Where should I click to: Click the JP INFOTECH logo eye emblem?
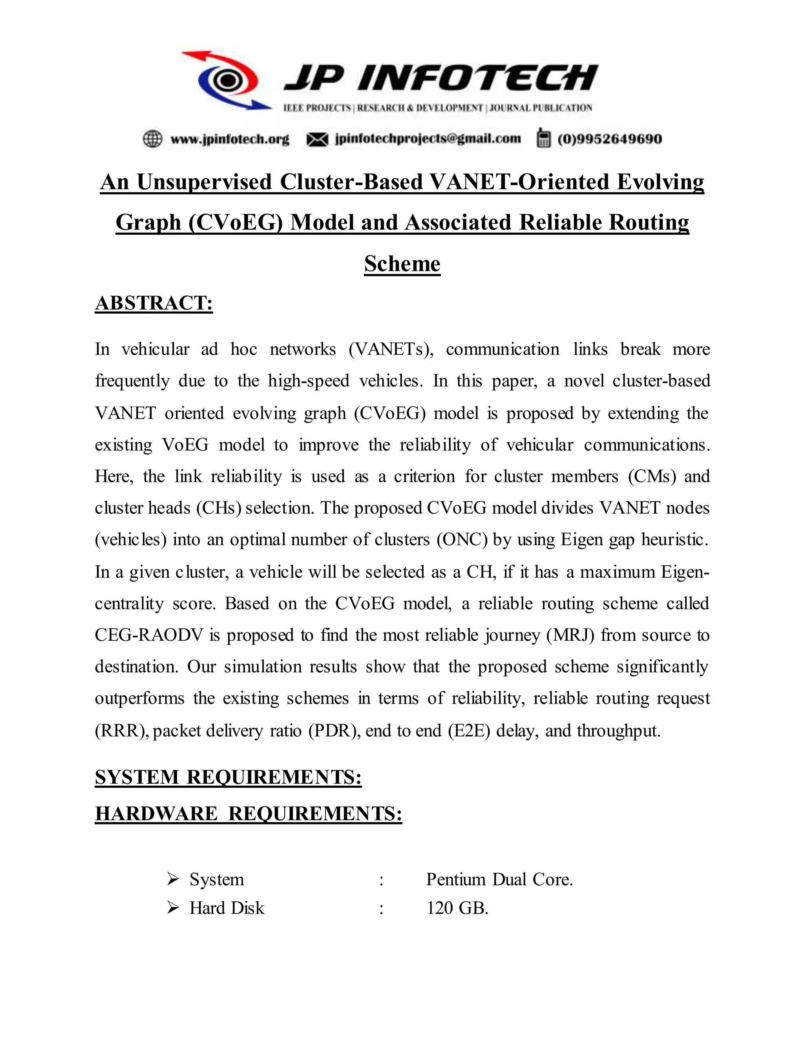[228, 80]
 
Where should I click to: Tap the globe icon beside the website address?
[152, 139]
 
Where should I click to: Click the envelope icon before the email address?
[317, 139]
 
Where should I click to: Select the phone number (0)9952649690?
[609, 139]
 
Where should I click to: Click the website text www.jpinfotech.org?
[230, 139]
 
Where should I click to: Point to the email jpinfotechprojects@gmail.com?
[428, 139]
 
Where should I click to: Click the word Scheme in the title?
[402, 263]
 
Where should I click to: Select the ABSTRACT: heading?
[154, 303]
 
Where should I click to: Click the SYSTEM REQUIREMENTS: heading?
[228, 777]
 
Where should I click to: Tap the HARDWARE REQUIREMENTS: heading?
[248, 813]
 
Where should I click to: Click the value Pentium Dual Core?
[499, 879]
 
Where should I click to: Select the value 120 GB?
[457, 908]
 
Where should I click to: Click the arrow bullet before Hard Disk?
[173, 908]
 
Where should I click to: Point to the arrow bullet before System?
[173, 879]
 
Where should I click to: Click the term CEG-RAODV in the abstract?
[149, 635]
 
